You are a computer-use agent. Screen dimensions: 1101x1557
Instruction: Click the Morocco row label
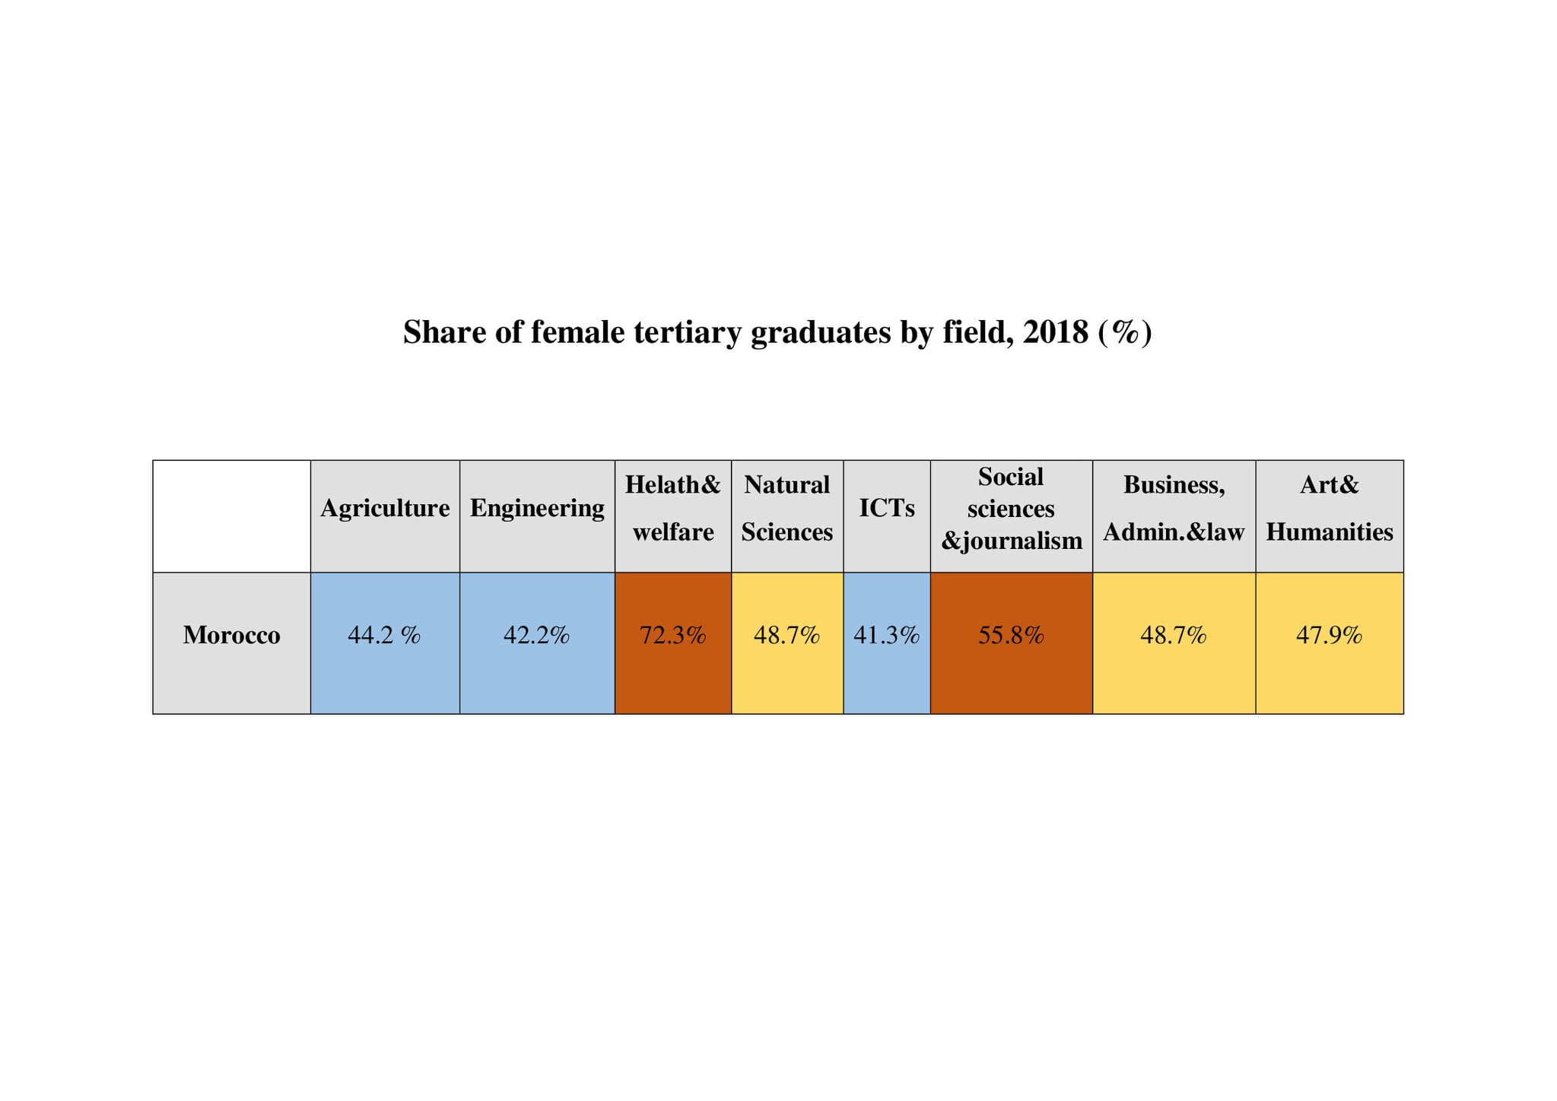pos(231,635)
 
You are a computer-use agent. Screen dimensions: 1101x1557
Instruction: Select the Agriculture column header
pos(385,508)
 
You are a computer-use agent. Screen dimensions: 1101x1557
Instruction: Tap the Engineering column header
pos(537,508)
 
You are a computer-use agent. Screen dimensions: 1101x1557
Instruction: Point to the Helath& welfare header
pos(673,508)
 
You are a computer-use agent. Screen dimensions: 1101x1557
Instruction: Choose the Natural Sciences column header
pos(787,508)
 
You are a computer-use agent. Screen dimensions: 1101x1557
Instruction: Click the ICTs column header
pos(887,508)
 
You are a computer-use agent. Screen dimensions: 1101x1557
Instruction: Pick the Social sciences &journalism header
pos(1011,508)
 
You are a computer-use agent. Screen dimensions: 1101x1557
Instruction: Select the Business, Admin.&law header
pos(1174,508)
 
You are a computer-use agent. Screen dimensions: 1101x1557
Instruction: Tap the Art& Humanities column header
pos(1329,508)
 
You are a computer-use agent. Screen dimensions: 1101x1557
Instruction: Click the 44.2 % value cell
pos(384,635)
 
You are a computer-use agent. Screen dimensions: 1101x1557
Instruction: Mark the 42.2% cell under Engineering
pos(537,635)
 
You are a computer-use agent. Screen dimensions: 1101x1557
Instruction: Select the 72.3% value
pos(673,635)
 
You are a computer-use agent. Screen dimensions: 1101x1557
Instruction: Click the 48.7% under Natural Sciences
pos(787,635)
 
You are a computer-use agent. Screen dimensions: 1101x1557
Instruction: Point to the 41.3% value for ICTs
pos(887,635)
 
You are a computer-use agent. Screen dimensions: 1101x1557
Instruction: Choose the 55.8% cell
pos(1011,635)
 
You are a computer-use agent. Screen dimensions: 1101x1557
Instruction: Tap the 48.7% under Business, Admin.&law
pos(1174,635)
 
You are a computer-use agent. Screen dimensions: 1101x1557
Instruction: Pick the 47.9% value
pos(1329,635)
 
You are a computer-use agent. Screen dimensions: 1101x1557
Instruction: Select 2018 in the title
pos(1056,332)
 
